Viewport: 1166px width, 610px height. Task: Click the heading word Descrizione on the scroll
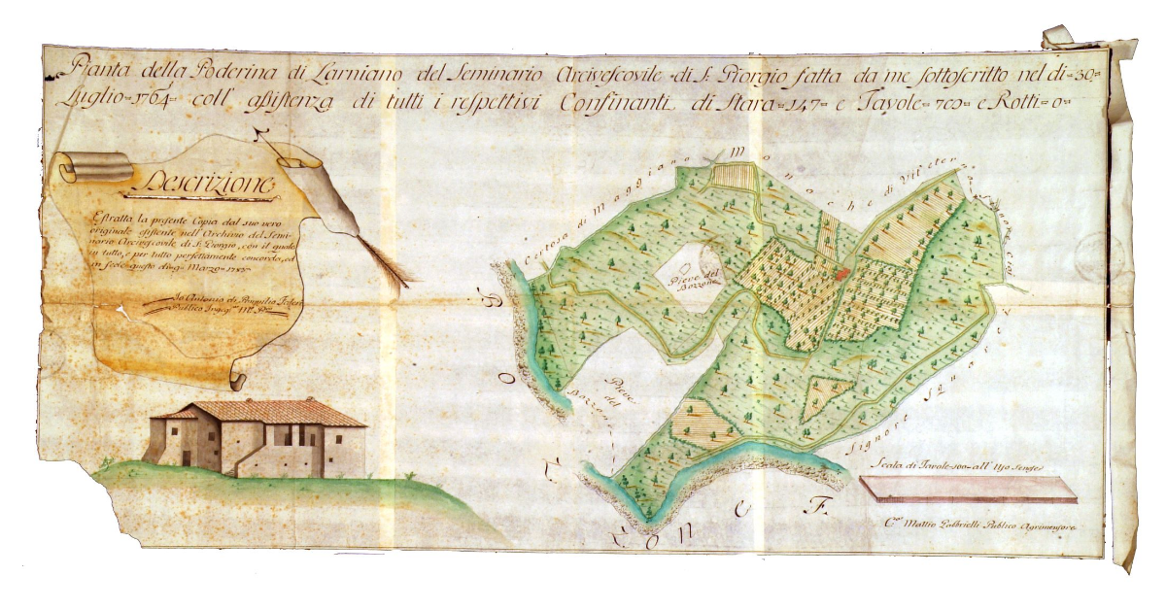(x=209, y=181)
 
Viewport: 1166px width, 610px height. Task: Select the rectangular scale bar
(x=968, y=490)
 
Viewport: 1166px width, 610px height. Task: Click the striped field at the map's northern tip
(x=734, y=176)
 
